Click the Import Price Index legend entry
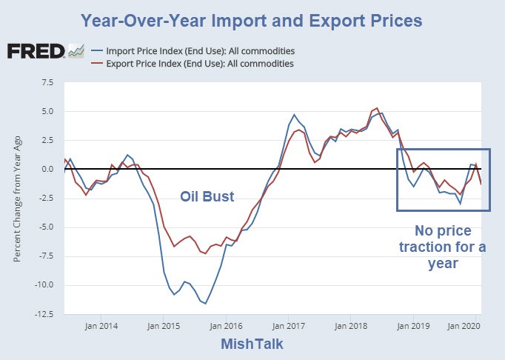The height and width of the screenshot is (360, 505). pos(201,51)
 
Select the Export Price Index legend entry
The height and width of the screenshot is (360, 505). pos(200,64)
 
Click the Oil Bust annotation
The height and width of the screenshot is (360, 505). pos(207,197)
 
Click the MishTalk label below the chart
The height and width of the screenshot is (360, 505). pos(252,344)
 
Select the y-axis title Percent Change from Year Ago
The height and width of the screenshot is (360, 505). pos(18,198)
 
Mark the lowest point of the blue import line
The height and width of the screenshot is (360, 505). pos(205,304)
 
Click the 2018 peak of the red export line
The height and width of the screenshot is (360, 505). pos(378,108)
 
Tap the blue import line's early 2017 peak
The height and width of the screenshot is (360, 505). pos(294,115)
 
